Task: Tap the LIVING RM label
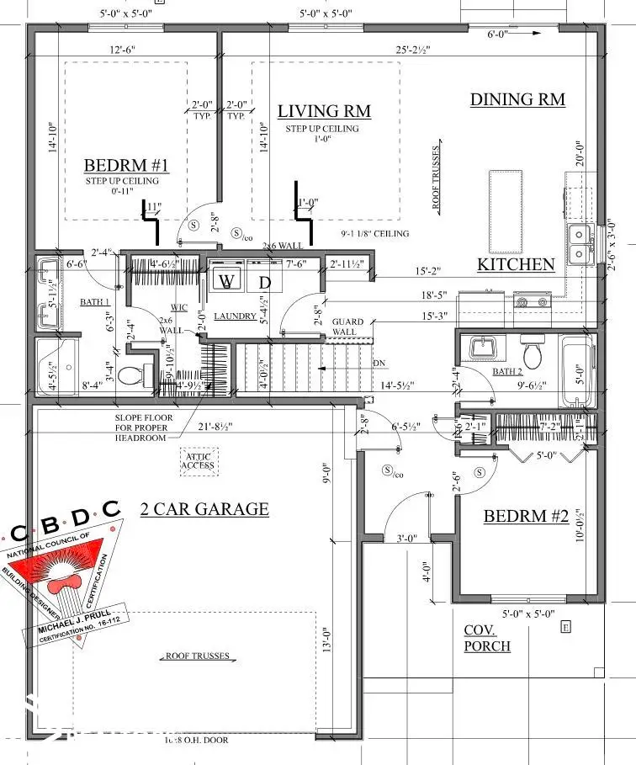(324, 111)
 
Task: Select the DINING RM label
(517, 99)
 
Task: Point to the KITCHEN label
(516, 264)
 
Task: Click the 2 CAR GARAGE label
(204, 508)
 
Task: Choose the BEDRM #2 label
(526, 516)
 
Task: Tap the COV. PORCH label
(487, 638)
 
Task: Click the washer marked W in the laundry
(225, 280)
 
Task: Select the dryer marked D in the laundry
(264, 282)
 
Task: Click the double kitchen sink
(579, 243)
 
